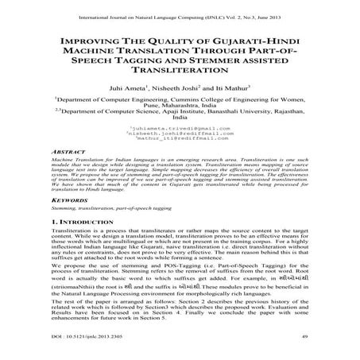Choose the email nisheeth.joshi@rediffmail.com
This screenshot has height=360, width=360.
[x=180, y=134]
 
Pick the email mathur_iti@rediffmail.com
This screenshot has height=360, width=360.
[x=180, y=140]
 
